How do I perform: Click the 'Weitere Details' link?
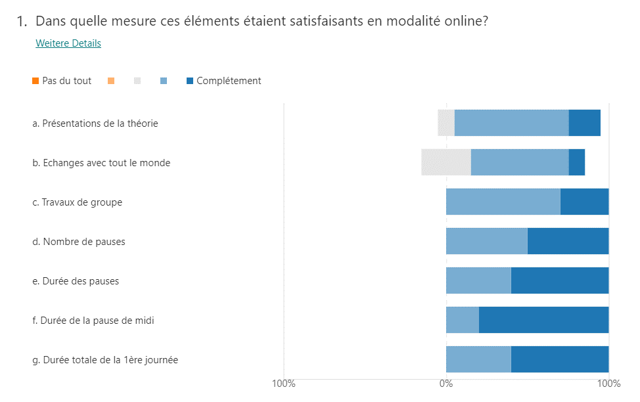coord(68,43)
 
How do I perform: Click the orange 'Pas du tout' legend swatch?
coord(35,81)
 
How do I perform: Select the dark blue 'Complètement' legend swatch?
coord(190,81)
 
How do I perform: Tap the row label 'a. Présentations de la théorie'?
coord(95,123)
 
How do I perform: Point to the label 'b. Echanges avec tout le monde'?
coord(101,163)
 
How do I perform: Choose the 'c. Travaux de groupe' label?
coord(78,202)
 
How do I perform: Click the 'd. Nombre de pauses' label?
coord(79,242)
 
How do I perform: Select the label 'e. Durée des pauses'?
coord(76,281)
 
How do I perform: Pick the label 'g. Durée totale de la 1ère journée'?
coord(105,360)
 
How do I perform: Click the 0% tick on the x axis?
coord(446,384)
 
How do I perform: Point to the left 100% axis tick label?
coord(283,384)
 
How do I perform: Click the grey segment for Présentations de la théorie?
coord(446,123)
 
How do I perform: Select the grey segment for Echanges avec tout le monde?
coord(446,162)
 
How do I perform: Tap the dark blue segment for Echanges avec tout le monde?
coord(576,162)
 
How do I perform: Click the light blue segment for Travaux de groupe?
coord(503,202)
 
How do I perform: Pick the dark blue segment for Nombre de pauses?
coord(568,241)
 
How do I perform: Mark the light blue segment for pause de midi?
coord(463,320)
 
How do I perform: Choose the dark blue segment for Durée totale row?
coord(560,359)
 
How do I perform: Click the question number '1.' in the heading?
coord(22,22)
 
